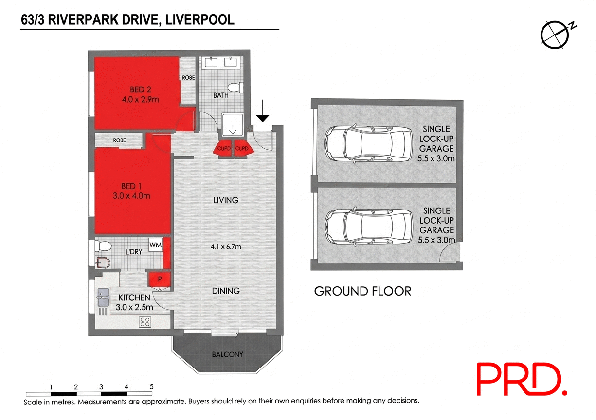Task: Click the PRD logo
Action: point(521,380)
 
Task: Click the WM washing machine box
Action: point(155,245)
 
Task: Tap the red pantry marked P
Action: point(159,280)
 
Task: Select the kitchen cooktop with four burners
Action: point(145,321)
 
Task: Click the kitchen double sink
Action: point(103,297)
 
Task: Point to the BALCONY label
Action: point(227,354)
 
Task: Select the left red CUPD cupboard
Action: point(223,149)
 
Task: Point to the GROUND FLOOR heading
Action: point(362,291)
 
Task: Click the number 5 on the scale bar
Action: point(152,387)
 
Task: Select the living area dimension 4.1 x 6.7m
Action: point(226,247)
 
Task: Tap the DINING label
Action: point(226,291)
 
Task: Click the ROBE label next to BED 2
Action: point(188,78)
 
